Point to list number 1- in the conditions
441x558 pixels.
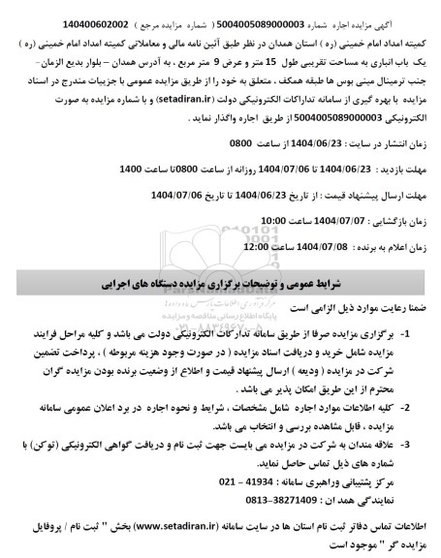(x=420, y=333)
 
